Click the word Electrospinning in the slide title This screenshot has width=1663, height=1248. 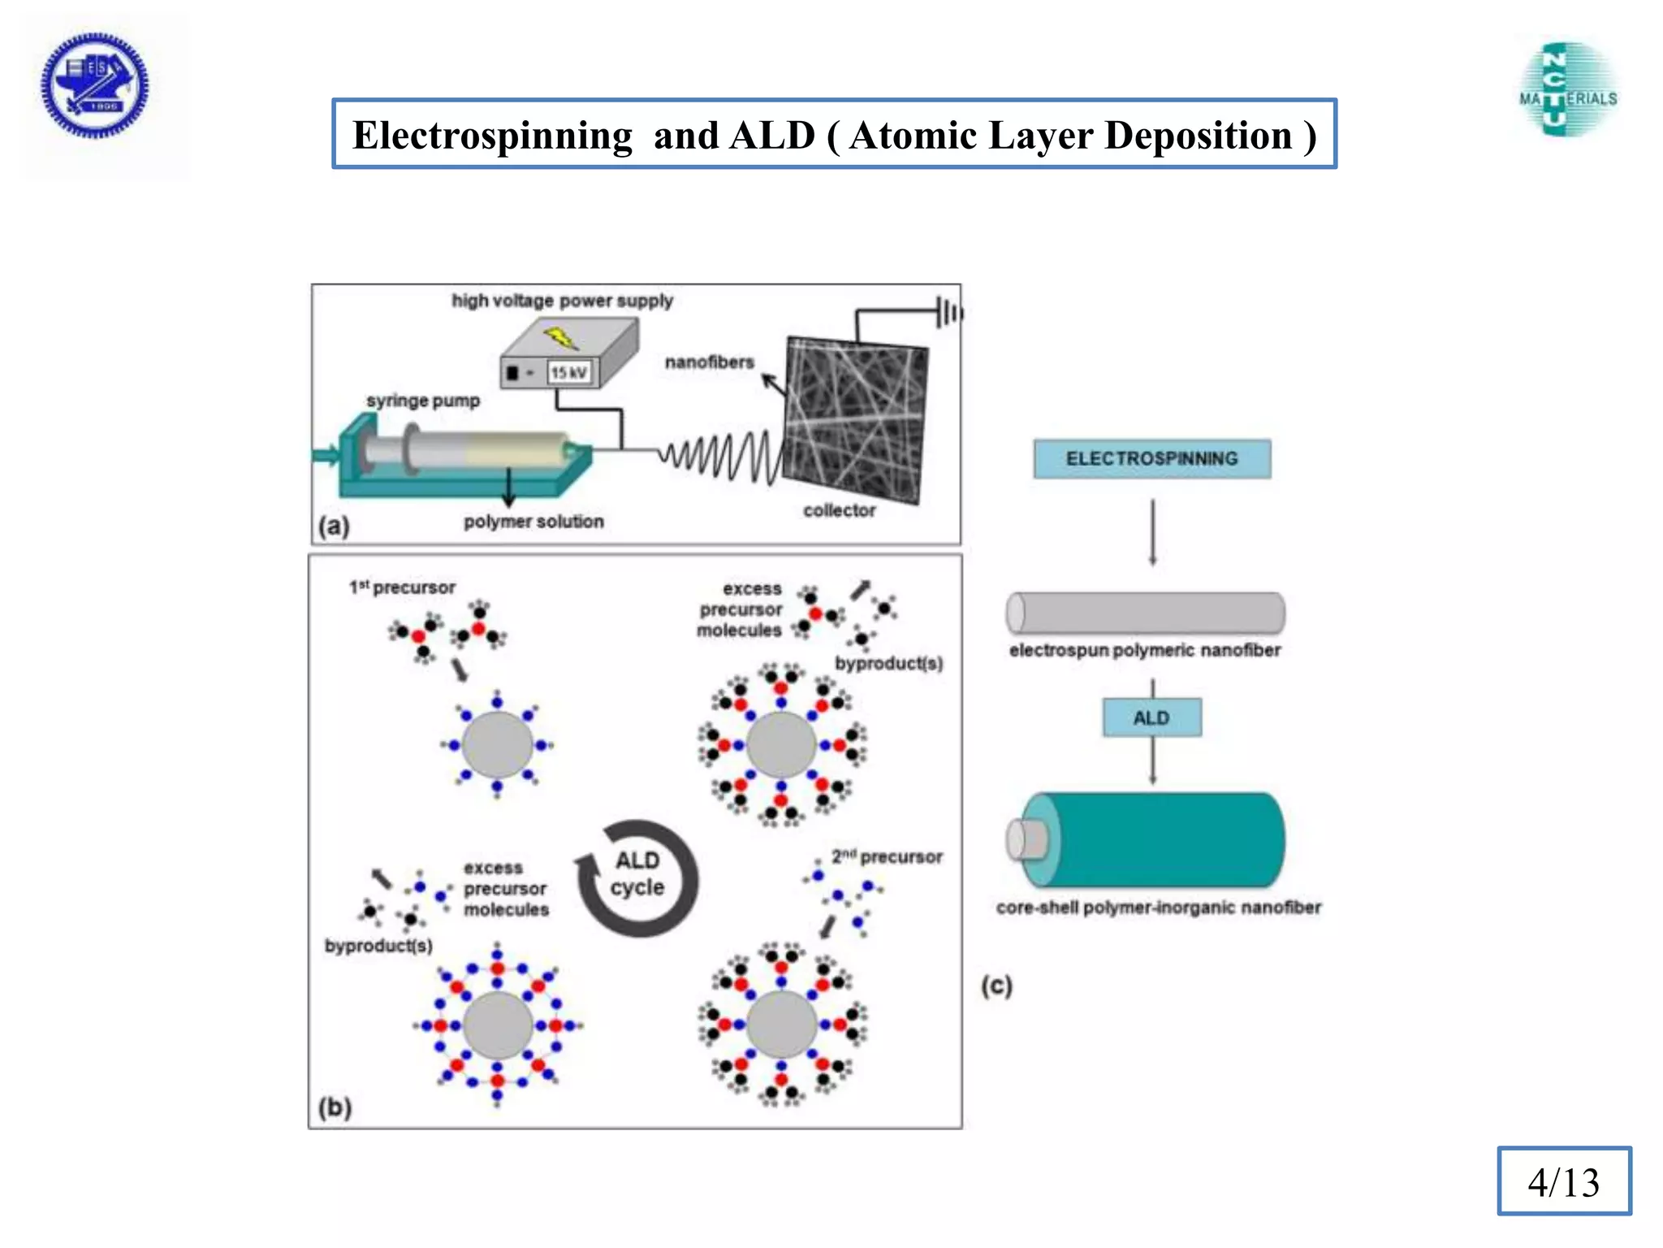[x=492, y=136]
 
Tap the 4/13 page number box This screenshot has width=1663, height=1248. [x=1563, y=1181]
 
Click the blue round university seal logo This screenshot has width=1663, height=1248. [x=95, y=85]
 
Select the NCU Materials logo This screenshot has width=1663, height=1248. [x=1568, y=90]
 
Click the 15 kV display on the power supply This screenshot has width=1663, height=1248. [x=569, y=373]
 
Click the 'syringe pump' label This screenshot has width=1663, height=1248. [x=422, y=401]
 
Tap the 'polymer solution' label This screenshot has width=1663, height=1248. [x=533, y=522]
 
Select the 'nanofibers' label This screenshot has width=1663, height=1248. [x=709, y=362]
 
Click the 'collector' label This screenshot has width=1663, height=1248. [x=839, y=510]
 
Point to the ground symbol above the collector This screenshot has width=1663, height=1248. [x=948, y=312]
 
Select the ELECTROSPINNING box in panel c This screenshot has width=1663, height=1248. [x=1151, y=459]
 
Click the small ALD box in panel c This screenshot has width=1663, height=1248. [x=1151, y=718]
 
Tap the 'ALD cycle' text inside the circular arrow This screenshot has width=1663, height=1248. [x=637, y=874]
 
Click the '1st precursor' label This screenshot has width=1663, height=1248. [x=402, y=587]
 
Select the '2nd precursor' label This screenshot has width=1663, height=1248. [x=886, y=856]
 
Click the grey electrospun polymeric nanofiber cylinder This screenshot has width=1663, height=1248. [x=1145, y=613]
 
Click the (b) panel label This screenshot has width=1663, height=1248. [x=335, y=1107]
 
